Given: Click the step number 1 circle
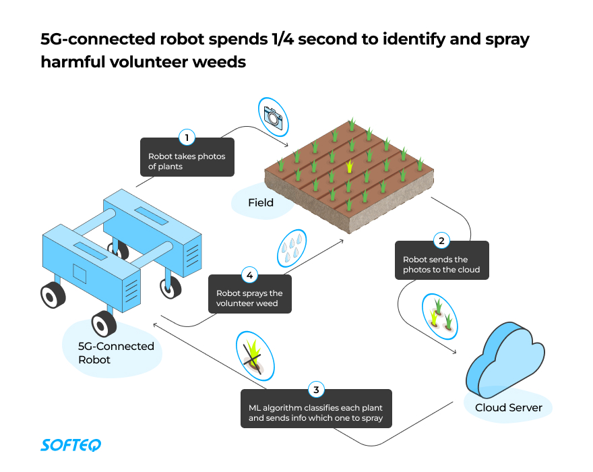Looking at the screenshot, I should (x=187, y=138).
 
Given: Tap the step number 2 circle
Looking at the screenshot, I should (x=441, y=241).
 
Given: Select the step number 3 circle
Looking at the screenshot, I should (x=316, y=390).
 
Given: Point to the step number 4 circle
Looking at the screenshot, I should (x=249, y=275).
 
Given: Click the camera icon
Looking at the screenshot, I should (x=272, y=115).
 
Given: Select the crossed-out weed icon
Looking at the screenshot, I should (x=255, y=355).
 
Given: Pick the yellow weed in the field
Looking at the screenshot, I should (x=349, y=165).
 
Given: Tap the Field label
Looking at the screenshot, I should (x=261, y=202).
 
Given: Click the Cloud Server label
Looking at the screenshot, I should (x=508, y=407).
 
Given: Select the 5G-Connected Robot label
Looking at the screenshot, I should (x=117, y=353).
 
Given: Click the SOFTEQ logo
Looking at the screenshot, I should (x=71, y=445).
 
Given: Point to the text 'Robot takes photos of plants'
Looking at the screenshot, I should (x=187, y=162).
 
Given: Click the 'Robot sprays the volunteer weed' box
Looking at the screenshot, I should (x=249, y=298).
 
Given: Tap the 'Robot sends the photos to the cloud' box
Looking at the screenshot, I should (x=441, y=264).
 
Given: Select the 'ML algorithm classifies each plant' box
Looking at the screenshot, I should (x=315, y=413).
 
